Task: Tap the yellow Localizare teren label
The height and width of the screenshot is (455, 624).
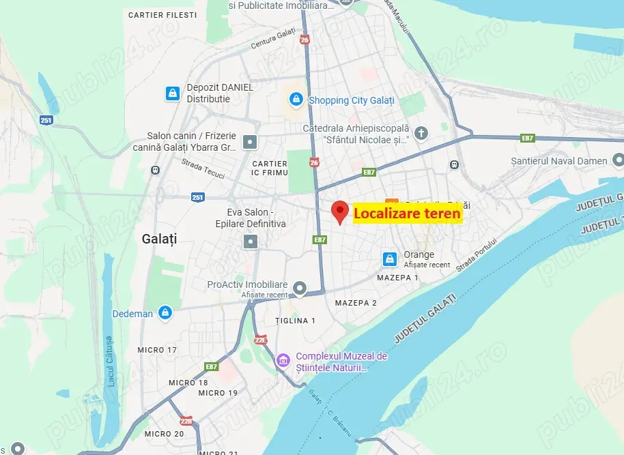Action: tap(407, 214)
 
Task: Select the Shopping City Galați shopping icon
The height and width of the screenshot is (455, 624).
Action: tap(296, 100)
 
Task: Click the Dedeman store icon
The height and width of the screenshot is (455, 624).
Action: tap(165, 313)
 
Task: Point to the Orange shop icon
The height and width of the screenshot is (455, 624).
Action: tap(389, 259)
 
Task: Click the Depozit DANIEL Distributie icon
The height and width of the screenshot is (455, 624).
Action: tap(172, 93)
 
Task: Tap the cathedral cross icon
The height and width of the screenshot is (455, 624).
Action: tap(421, 133)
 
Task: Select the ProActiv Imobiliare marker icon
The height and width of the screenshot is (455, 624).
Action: tap(299, 287)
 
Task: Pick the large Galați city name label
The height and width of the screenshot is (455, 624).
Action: tap(159, 239)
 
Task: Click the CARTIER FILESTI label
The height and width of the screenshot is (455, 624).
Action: tap(162, 14)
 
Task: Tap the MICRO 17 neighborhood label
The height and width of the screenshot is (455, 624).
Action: tap(156, 350)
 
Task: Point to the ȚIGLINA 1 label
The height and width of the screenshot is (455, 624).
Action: tap(295, 321)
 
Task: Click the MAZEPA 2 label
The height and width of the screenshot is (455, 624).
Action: tap(356, 303)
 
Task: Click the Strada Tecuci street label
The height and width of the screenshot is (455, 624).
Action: tap(203, 169)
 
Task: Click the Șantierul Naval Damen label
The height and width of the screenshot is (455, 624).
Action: tap(558, 161)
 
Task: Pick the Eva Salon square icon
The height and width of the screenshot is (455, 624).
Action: tap(251, 241)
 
